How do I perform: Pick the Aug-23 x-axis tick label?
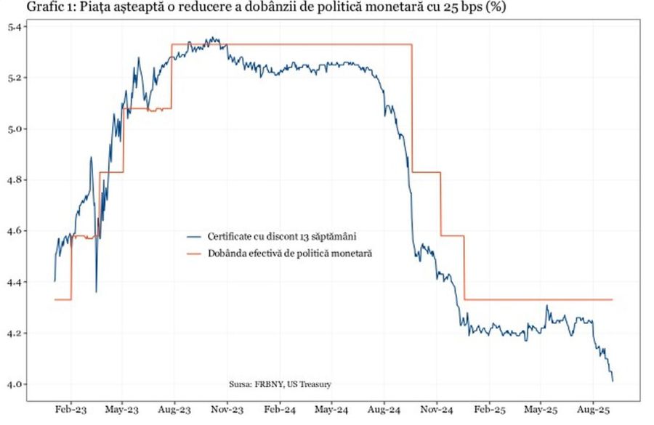tap(174, 410)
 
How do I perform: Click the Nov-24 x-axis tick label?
tap(436, 410)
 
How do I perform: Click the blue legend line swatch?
tap(193, 237)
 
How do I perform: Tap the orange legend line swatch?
tap(193, 254)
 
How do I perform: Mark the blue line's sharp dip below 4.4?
tap(96, 291)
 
